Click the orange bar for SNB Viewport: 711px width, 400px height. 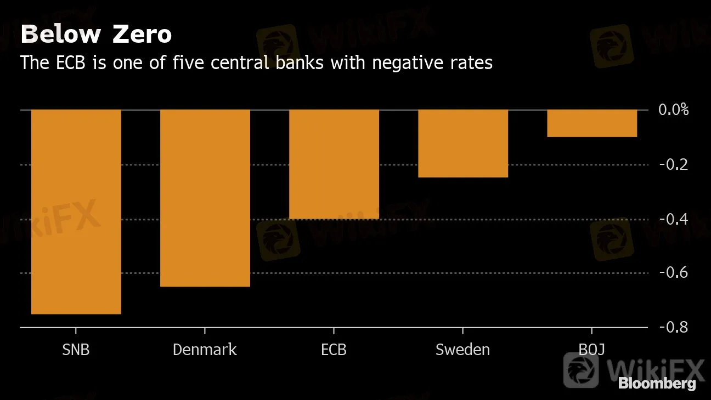(x=76, y=212)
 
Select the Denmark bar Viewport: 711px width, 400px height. (x=205, y=198)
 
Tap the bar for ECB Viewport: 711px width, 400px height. (x=334, y=164)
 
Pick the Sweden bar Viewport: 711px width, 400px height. (x=462, y=144)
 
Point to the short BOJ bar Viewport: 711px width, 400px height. (x=591, y=123)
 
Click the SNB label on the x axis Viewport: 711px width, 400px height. (x=76, y=350)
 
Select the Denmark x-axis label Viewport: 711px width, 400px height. (x=205, y=350)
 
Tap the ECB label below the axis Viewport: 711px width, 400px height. (x=334, y=350)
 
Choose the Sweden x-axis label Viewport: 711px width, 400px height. (x=462, y=350)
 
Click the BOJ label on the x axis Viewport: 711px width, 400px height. (x=591, y=350)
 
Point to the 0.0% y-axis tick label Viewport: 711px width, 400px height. (x=673, y=110)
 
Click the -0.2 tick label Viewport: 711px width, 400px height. (x=673, y=164)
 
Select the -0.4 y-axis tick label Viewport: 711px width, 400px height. (x=673, y=219)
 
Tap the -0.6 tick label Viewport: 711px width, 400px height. (x=673, y=273)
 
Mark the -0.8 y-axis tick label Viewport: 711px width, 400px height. (x=673, y=327)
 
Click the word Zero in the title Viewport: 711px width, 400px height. (x=142, y=35)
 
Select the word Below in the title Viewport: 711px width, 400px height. (x=61, y=35)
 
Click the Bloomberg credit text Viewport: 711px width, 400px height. (x=657, y=384)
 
